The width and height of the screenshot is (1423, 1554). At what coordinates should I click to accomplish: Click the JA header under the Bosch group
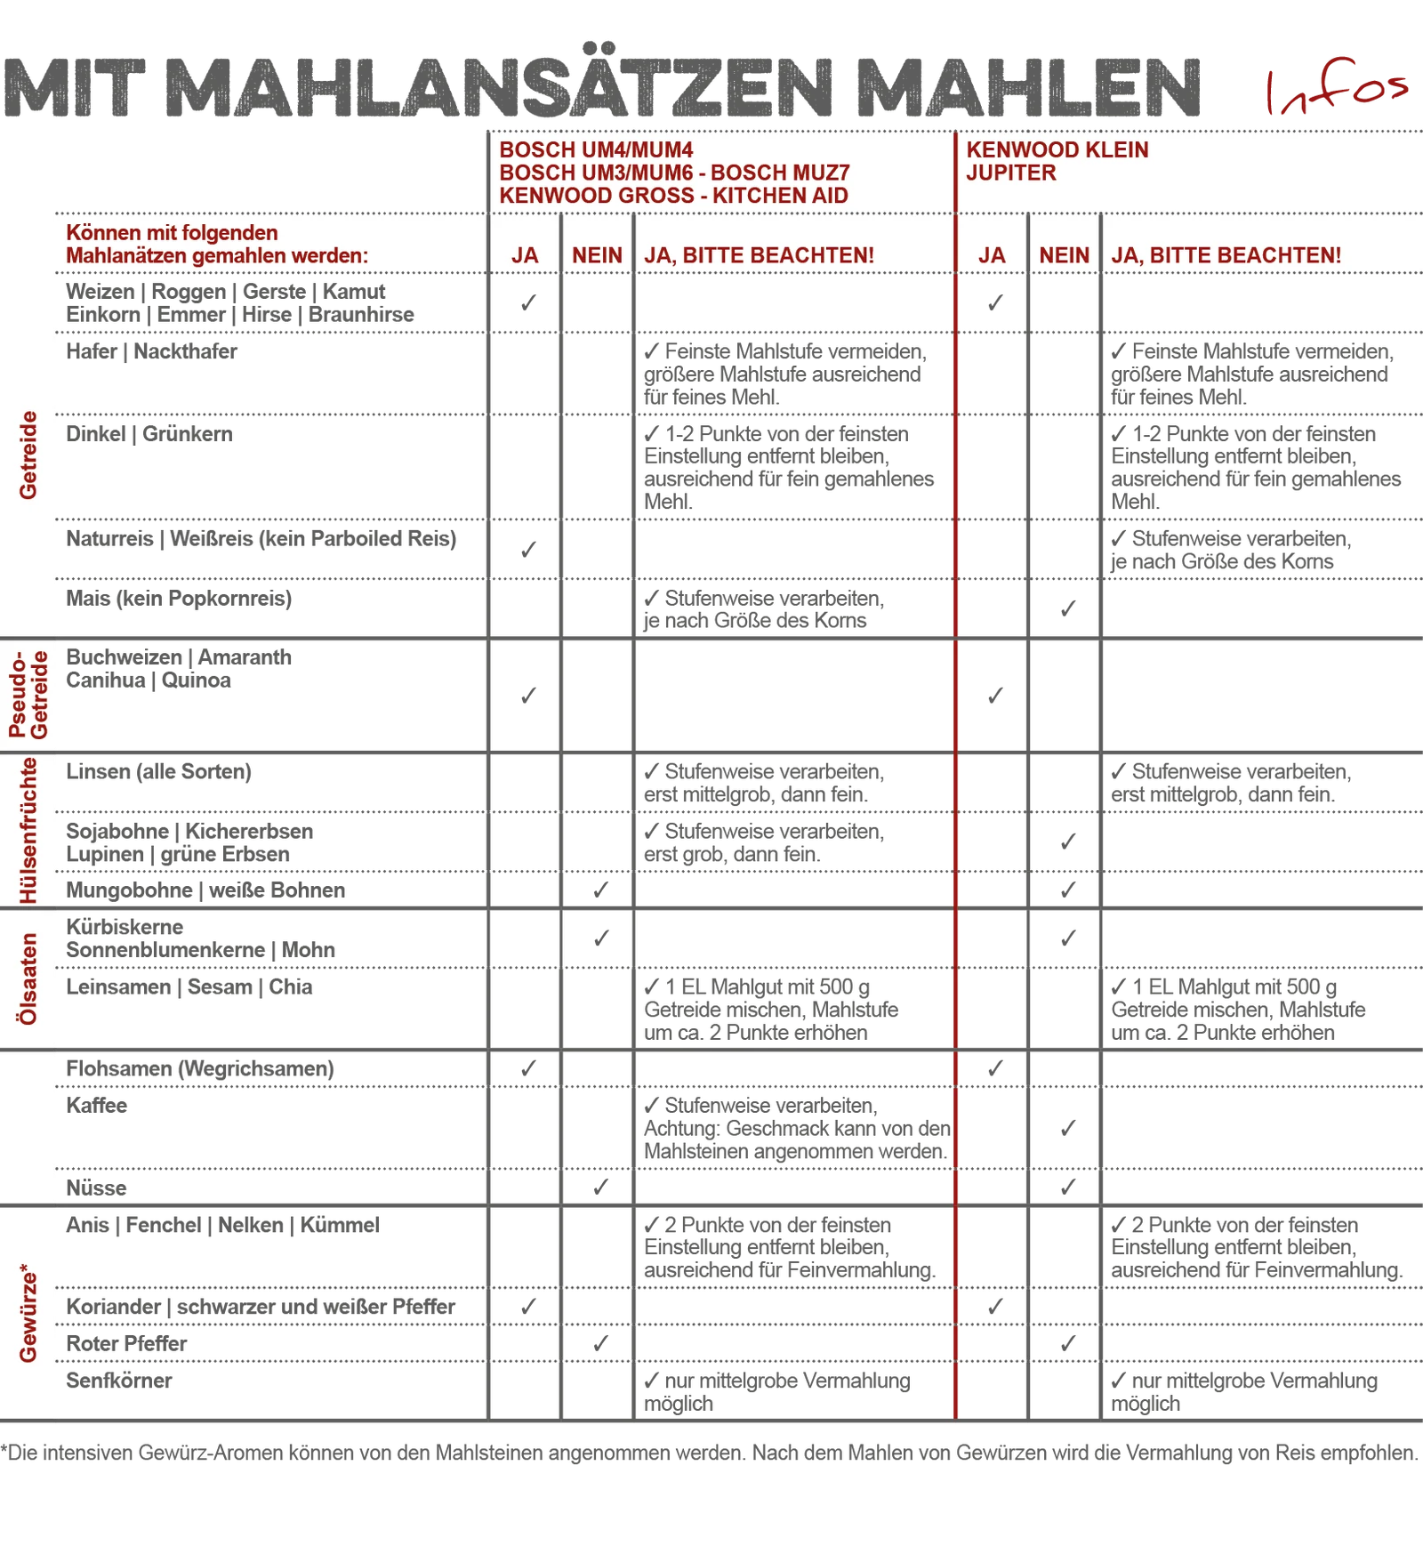coord(525,255)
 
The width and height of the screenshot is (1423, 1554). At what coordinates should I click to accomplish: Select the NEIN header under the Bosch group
coord(597,255)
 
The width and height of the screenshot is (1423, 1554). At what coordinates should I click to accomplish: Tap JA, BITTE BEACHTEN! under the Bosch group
coord(759,255)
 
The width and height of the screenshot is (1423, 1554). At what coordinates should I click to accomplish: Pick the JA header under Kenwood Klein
coord(992,255)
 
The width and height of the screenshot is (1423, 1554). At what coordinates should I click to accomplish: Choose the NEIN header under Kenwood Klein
coord(1064,255)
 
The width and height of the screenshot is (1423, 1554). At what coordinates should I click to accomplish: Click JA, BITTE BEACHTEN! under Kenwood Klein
coord(1226,255)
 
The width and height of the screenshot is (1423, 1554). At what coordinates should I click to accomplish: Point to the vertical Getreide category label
coord(28,455)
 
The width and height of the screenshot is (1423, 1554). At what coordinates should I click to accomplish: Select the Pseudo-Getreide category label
coord(28,695)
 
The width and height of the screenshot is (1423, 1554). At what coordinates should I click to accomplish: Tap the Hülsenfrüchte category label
coord(28,830)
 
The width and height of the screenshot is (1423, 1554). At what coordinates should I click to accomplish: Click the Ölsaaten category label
coord(28,978)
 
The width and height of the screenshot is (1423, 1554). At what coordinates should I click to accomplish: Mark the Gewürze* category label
coord(28,1316)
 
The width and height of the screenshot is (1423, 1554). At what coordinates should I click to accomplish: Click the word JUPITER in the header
coord(1011,173)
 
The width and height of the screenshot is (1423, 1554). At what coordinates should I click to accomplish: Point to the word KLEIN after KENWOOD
coord(1116,149)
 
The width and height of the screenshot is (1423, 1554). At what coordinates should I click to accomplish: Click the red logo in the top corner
coord(1339,86)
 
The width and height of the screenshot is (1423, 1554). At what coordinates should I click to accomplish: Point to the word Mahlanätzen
coord(125,255)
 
